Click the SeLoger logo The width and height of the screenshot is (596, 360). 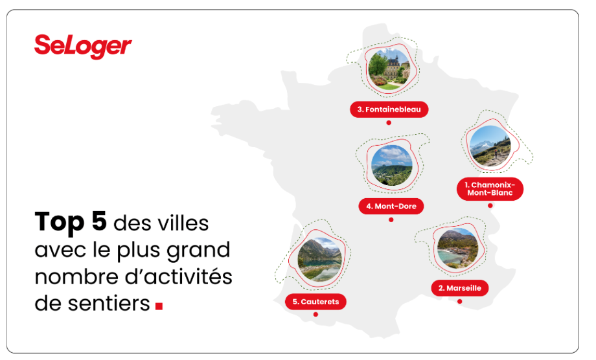click(x=83, y=47)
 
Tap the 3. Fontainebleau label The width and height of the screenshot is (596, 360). click(x=389, y=109)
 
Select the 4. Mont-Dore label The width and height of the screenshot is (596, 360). click(x=391, y=206)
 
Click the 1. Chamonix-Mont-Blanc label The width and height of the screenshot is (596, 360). click(x=490, y=188)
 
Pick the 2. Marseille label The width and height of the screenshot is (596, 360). click(x=459, y=288)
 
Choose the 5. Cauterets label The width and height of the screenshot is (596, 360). click(x=315, y=302)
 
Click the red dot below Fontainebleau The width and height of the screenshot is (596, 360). click(x=389, y=122)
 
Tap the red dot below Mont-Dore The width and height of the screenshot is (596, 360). click(x=391, y=219)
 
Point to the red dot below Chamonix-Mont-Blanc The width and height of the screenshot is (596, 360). click(x=490, y=205)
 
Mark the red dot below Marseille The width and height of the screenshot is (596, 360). click(x=459, y=301)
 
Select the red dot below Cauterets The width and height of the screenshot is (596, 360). click(x=315, y=315)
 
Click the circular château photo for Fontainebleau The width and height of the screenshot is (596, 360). click(x=389, y=69)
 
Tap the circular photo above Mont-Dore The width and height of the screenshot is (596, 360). click(x=391, y=165)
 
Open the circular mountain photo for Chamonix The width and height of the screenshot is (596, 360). click(x=490, y=146)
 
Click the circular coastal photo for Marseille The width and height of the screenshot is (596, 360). click(x=457, y=249)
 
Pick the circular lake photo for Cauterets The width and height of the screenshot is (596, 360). click(x=319, y=260)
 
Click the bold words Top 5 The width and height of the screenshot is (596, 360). click(x=71, y=222)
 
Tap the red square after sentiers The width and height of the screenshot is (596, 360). click(x=159, y=306)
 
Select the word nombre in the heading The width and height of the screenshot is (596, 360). click(x=76, y=276)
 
